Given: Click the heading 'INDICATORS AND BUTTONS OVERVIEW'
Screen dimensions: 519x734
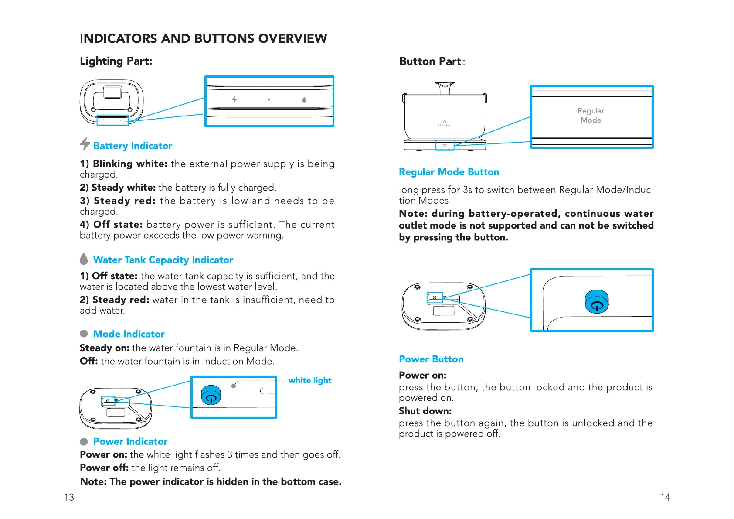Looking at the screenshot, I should tap(203, 38).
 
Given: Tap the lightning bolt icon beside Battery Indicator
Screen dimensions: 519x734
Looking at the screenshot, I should tap(85, 143).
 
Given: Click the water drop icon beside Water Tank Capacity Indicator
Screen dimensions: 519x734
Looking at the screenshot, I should tap(84, 259).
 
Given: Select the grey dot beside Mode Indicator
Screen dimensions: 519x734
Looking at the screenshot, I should tap(84, 334).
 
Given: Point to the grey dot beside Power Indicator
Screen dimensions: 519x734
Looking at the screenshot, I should tap(84, 441).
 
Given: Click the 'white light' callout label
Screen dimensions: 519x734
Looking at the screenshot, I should tap(310, 380).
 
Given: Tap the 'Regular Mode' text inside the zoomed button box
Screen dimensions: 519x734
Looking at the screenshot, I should tap(591, 116).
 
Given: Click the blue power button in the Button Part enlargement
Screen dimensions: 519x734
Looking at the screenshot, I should tap(597, 302).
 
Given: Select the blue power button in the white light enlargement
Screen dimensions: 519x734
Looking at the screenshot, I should tap(211, 395).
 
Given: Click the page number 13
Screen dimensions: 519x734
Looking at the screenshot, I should tap(69, 497).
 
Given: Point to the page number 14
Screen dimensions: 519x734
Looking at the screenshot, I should tap(665, 497).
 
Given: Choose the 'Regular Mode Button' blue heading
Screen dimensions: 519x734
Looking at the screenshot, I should tap(449, 172).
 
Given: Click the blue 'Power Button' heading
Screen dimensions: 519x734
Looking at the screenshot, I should tap(431, 359).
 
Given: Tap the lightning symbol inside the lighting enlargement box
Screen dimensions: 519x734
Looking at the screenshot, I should tap(234, 99).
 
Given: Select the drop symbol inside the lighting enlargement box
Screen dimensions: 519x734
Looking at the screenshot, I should tap(304, 100).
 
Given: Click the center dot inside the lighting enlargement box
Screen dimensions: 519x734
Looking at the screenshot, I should tap(269, 99).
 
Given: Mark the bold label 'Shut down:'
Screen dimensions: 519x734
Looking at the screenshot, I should tap(425, 411).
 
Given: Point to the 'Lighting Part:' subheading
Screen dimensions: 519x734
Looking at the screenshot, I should tap(116, 61).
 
